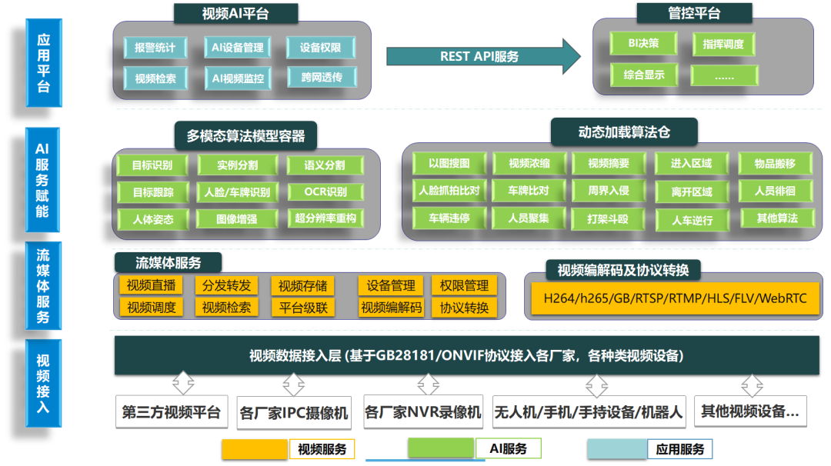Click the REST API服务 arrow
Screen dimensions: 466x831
click(481, 56)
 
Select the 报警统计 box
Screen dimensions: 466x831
click(155, 48)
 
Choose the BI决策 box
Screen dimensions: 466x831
click(642, 44)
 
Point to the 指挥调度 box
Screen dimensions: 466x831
click(723, 44)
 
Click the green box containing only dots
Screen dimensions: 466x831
click(723, 75)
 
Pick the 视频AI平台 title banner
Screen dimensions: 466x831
click(235, 13)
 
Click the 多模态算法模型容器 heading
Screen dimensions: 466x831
click(245, 136)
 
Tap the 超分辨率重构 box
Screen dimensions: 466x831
click(325, 218)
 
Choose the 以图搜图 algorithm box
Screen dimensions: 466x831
click(449, 163)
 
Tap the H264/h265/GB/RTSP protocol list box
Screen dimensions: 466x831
click(675, 298)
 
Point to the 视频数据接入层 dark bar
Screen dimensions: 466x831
click(466, 356)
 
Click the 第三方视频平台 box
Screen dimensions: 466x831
click(172, 412)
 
